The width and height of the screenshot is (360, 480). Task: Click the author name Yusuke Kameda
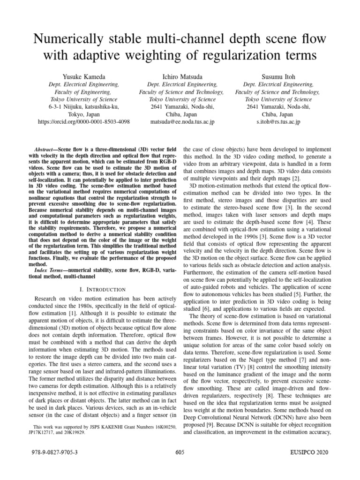[84, 76]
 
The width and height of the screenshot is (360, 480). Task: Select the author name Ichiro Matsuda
[181, 76]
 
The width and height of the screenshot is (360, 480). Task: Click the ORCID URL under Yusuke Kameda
[84, 122]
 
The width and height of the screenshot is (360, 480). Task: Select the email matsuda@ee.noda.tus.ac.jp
[181, 122]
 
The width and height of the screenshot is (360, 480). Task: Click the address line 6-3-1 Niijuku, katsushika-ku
[84, 107]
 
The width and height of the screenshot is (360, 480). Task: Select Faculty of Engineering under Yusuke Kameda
[84, 92]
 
